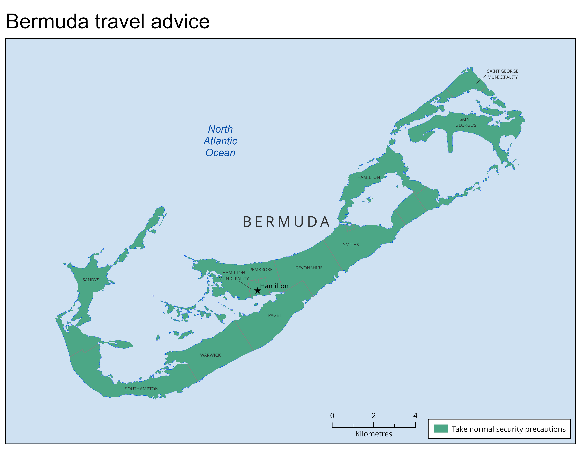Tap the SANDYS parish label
click(91, 280)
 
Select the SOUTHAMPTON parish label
click(142, 389)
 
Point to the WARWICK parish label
click(210, 355)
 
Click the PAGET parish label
click(274, 315)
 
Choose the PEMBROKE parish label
click(261, 269)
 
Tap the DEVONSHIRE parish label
click(309, 268)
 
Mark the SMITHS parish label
click(351, 244)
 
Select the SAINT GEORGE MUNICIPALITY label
click(502, 74)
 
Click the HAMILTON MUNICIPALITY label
click(234, 276)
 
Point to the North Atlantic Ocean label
click(220, 141)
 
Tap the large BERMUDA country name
click(286, 222)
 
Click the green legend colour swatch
click(441, 429)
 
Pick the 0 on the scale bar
click(332, 416)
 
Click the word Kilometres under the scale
click(373, 434)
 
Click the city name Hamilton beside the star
click(274, 286)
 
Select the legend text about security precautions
click(508, 429)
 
